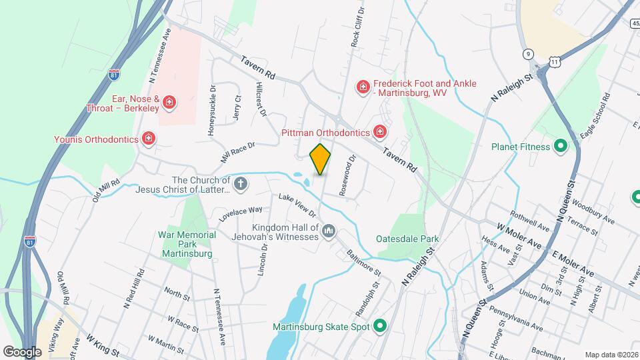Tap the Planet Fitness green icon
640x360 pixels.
coord(561,147)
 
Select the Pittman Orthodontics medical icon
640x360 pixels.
coord(380,132)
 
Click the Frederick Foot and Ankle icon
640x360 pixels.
coord(363,87)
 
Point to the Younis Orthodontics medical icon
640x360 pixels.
coord(149,139)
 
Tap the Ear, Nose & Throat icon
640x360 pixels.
coord(169,102)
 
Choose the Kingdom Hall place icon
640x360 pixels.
coord(328,232)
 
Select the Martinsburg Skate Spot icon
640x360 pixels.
coord(380,326)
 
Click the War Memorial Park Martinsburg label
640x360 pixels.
coord(187,244)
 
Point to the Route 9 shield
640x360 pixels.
coord(528,53)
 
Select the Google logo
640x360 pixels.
coord(22,351)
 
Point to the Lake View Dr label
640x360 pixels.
coord(297,205)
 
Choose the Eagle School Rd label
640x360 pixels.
coord(595,117)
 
